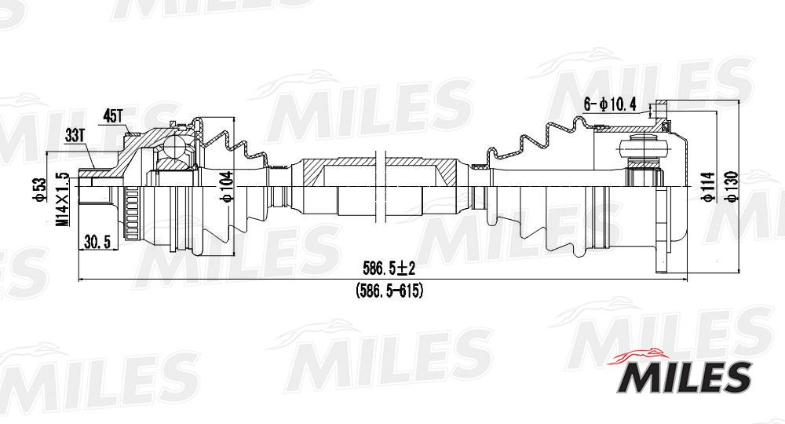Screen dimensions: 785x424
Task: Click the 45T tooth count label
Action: tap(112, 116)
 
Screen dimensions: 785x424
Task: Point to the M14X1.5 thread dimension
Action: tap(63, 199)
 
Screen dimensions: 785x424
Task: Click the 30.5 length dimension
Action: tap(97, 243)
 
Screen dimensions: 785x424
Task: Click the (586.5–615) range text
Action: tap(389, 291)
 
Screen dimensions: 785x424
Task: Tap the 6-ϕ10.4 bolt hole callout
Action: tap(610, 104)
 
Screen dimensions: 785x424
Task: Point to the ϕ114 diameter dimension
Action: tap(708, 187)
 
